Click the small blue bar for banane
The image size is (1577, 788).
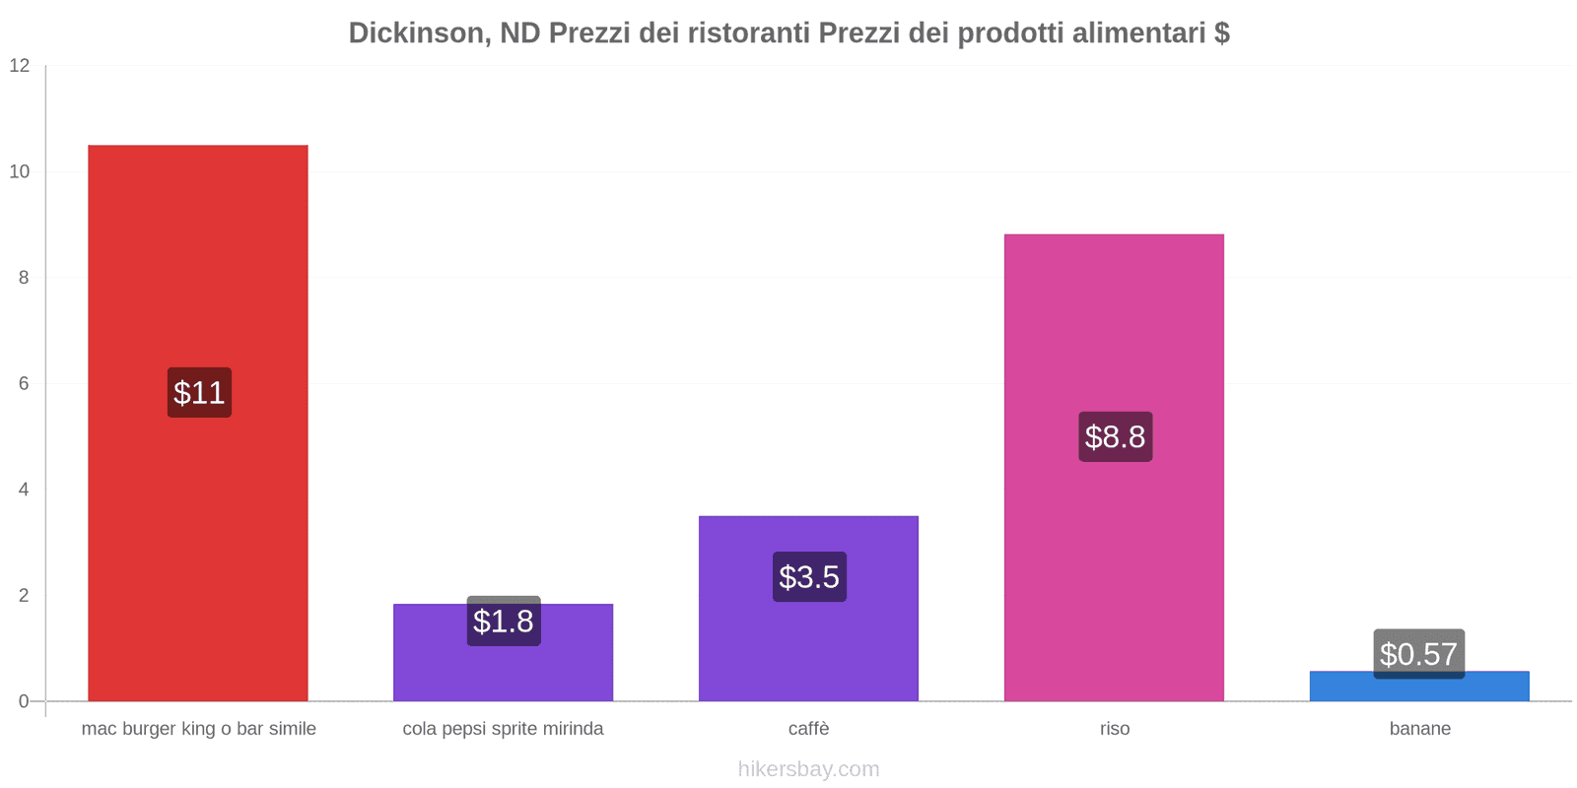point(1419,689)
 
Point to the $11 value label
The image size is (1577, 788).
point(199,393)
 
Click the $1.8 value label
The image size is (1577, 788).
point(503,622)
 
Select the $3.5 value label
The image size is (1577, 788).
point(809,577)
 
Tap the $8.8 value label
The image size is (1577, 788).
point(1115,437)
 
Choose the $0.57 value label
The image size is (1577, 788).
point(1418,653)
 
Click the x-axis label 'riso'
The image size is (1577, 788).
point(1115,729)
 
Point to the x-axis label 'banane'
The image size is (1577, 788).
point(1419,729)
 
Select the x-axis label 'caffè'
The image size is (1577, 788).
point(808,729)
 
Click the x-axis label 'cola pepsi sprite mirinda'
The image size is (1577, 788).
point(503,729)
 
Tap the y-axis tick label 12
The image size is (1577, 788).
point(20,66)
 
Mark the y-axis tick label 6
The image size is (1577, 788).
point(24,384)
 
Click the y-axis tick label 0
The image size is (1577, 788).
point(24,701)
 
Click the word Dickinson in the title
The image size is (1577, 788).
point(414,33)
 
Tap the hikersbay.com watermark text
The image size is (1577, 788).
point(808,769)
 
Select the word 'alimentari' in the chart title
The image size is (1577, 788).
point(1138,33)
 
